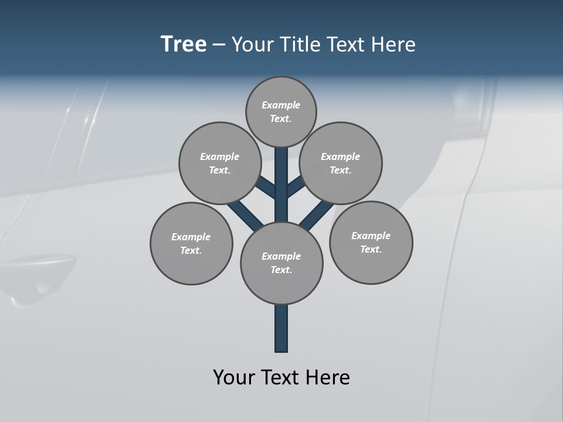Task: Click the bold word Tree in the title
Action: point(184,45)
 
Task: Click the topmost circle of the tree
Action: point(281,111)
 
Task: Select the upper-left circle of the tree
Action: point(219,163)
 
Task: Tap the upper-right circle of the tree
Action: point(341,163)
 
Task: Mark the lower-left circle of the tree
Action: point(191,243)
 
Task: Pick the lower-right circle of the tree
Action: point(371,242)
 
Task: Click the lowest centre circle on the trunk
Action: point(281,263)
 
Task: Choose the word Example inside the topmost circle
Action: point(281,105)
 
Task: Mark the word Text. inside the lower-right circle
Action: point(371,249)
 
